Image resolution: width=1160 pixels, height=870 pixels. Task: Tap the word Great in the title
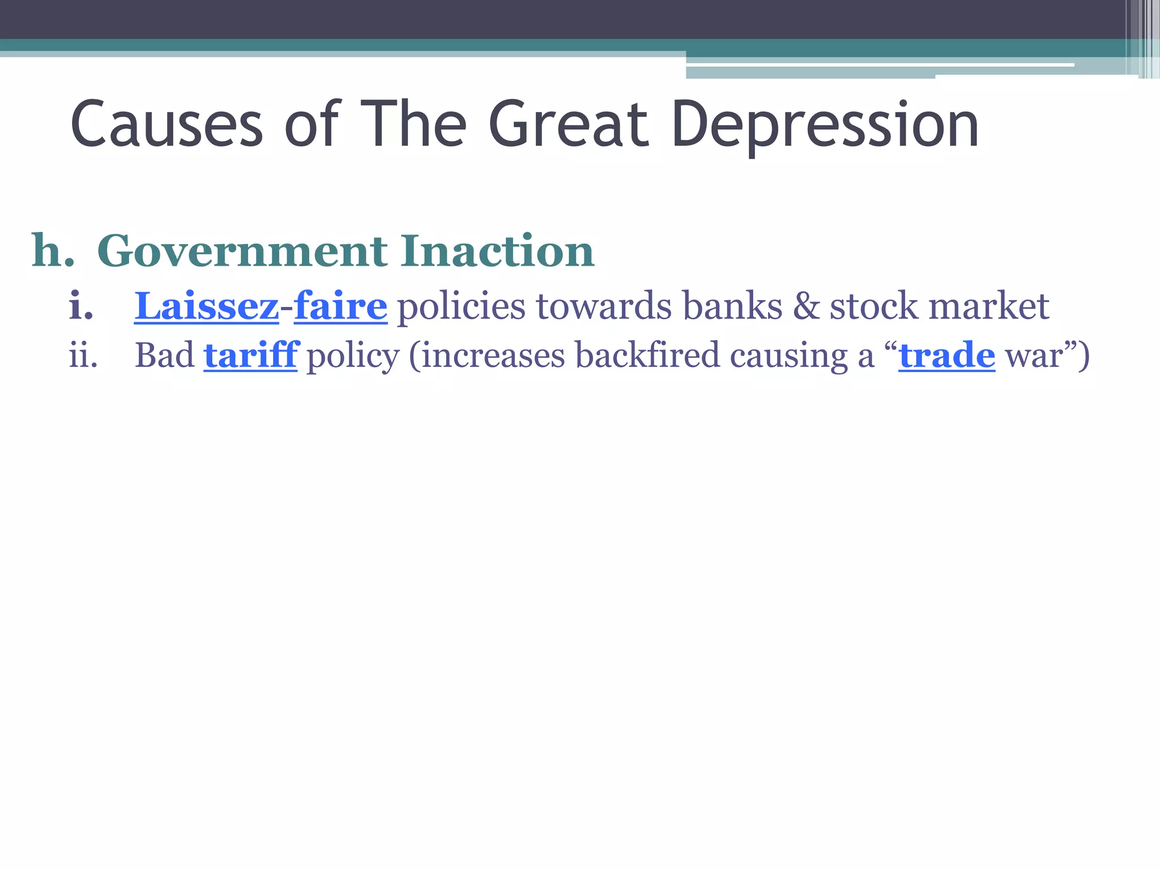click(568, 125)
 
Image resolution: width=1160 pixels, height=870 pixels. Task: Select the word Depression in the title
click(825, 126)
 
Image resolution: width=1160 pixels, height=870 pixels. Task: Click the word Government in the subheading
click(242, 251)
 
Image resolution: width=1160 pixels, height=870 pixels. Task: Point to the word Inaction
click(497, 251)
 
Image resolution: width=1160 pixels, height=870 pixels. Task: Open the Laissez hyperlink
click(207, 306)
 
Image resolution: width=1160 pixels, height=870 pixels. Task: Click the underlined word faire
click(340, 306)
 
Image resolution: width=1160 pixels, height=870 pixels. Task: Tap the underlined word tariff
click(251, 355)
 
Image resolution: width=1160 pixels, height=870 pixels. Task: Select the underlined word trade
click(946, 356)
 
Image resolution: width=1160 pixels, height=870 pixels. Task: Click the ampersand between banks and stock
click(806, 306)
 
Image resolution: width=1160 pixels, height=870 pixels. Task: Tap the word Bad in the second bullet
click(164, 356)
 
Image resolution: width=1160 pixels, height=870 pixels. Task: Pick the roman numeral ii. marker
click(83, 356)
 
